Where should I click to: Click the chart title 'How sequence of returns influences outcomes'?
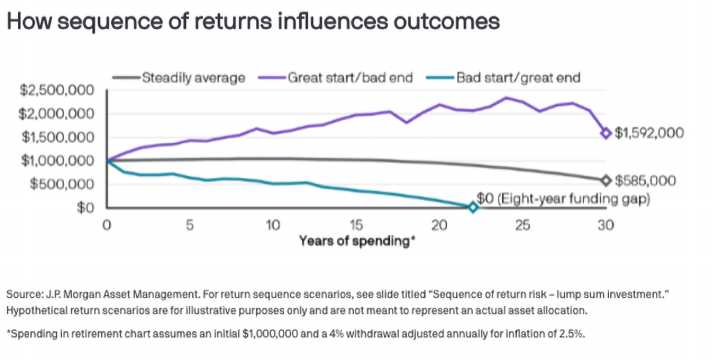click(253, 22)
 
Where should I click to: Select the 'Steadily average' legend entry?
click(193, 78)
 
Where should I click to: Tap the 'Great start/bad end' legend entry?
click(350, 78)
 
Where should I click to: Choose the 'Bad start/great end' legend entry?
click(518, 78)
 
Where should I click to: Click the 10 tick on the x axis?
click(273, 225)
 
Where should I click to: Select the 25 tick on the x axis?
click(522, 225)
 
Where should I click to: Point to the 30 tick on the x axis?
click(606, 225)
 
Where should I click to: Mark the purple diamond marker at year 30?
click(606, 133)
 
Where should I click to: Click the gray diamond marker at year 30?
click(606, 181)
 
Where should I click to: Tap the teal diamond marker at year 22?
click(473, 207)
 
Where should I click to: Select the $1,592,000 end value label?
click(649, 133)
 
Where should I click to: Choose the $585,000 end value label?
click(645, 181)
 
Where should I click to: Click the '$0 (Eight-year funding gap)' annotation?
click(564, 199)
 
